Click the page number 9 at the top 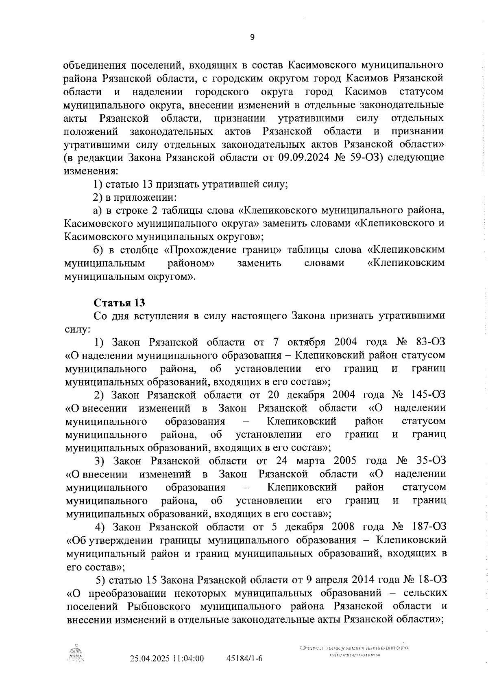tap(252, 37)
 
